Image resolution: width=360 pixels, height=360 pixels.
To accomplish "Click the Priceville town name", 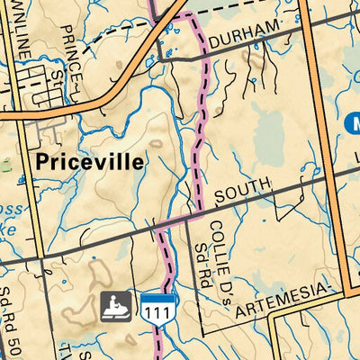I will click(x=91, y=163).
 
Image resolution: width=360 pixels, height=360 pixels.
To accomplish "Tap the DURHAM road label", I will click(x=239, y=35).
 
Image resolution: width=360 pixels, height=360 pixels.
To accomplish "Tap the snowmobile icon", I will click(x=115, y=307).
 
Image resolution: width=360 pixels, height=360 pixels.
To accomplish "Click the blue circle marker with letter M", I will click(x=353, y=122).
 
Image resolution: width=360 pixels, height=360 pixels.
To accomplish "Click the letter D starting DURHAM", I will click(x=213, y=40).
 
